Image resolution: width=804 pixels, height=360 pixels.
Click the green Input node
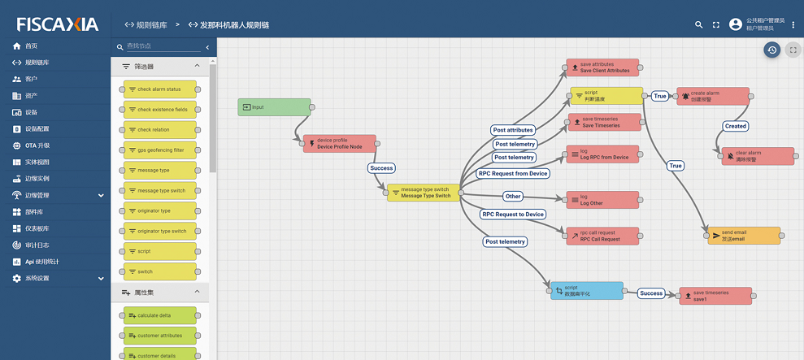coord(274,107)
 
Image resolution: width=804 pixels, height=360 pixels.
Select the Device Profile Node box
coord(339,144)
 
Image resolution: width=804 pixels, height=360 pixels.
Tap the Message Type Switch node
coord(423,193)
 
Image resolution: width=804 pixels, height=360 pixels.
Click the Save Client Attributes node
coord(602,67)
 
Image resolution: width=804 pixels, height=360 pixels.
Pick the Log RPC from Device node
coord(602,154)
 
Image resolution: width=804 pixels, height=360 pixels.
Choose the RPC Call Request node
coord(602,236)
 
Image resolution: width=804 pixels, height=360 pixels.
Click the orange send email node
coord(744,236)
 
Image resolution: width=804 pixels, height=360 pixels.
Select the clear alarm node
coord(758,156)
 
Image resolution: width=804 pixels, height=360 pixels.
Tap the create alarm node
coord(712,97)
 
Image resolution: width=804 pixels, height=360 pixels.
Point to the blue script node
coord(586,290)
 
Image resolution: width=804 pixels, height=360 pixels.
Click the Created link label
coord(735,126)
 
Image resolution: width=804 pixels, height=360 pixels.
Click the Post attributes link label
coord(513,130)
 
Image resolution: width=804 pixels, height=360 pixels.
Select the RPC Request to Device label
coord(511,215)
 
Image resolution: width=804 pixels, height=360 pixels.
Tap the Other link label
coord(512,196)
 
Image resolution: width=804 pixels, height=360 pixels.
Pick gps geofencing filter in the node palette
coord(161,150)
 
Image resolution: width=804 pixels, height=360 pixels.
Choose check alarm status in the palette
coord(161,89)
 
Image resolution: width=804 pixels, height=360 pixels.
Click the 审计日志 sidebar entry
coord(37,245)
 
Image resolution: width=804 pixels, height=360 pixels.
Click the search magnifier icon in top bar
coord(698,25)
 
